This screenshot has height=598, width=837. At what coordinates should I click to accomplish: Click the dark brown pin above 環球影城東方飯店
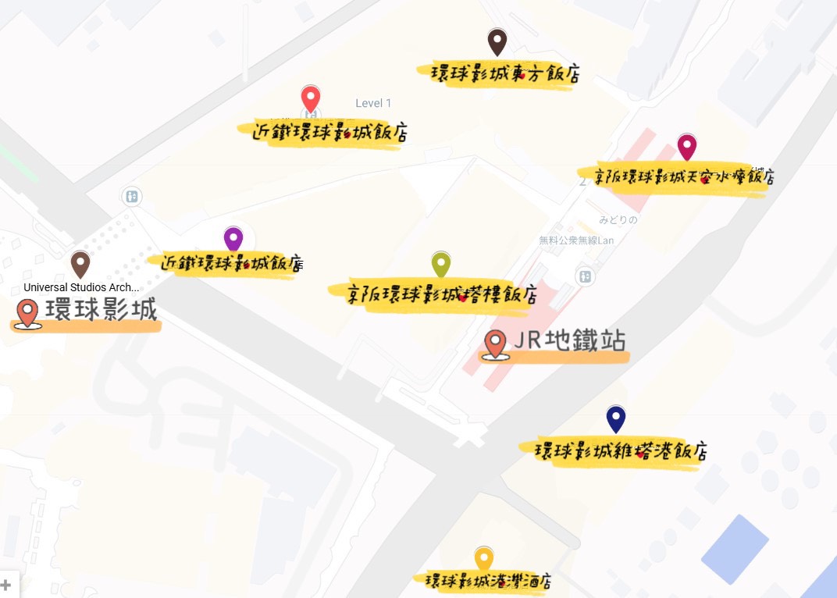pyautogui.click(x=497, y=41)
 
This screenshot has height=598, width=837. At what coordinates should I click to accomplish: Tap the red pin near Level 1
pyautogui.click(x=311, y=99)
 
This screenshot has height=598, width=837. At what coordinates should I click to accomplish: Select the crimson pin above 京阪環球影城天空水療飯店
pyautogui.click(x=686, y=146)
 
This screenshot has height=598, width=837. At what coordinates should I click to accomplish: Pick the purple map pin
pyautogui.click(x=233, y=239)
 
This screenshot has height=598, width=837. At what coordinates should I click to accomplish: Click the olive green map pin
pyautogui.click(x=441, y=265)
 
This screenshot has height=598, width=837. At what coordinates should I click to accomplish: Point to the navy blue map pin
pyautogui.click(x=616, y=418)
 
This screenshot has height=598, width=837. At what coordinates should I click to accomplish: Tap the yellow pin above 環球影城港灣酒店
pyautogui.click(x=484, y=559)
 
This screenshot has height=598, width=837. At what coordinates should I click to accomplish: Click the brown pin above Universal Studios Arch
pyautogui.click(x=80, y=264)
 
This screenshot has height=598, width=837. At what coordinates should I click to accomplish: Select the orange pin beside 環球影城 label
pyautogui.click(x=27, y=312)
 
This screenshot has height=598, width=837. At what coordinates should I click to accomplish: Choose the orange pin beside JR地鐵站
pyautogui.click(x=495, y=343)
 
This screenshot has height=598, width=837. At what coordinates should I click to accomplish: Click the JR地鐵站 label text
pyautogui.click(x=570, y=341)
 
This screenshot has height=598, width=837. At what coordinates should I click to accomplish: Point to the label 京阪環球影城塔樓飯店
pyautogui.click(x=433, y=294)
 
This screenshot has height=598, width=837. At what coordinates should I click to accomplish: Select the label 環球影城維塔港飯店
pyautogui.click(x=621, y=451)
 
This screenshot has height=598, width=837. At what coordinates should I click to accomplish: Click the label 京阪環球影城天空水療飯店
pyautogui.click(x=676, y=176)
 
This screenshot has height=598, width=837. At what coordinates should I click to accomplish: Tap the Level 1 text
pyautogui.click(x=373, y=103)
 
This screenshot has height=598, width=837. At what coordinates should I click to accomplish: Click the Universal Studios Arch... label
pyautogui.click(x=81, y=287)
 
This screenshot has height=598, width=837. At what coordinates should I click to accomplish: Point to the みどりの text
pyautogui.click(x=618, y=220)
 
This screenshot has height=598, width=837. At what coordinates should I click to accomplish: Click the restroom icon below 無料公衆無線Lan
pyautogui.click(x=584, y=276)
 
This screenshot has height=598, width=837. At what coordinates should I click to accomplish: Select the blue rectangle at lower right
pyautogui.click(x=735, y=549)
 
